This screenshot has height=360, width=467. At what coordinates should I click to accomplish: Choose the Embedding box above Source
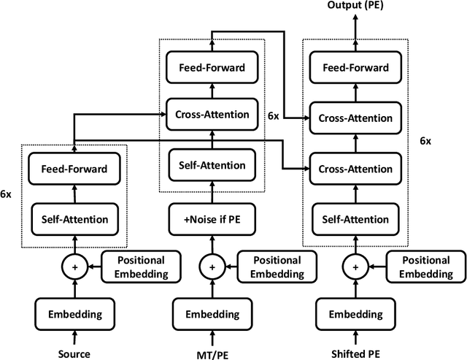point(74,315)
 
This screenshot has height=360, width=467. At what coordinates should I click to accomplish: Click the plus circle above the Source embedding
point(74,267)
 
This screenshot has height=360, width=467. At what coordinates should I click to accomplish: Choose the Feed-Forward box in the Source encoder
point(74,169)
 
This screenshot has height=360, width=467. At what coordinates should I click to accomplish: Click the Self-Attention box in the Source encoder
point(74,218)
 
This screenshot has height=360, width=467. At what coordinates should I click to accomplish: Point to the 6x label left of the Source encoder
point(7,194)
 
